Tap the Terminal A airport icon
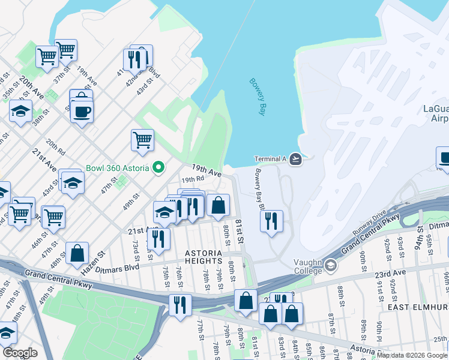295,159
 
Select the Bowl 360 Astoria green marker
158,167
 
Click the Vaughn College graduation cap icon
331,265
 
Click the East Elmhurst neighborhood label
418,307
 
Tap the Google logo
20,353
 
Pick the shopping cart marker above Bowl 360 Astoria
142,140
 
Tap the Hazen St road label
93,259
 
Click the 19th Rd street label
193,179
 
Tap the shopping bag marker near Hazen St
77,253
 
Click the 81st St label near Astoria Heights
239,231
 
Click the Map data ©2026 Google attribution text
412,355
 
